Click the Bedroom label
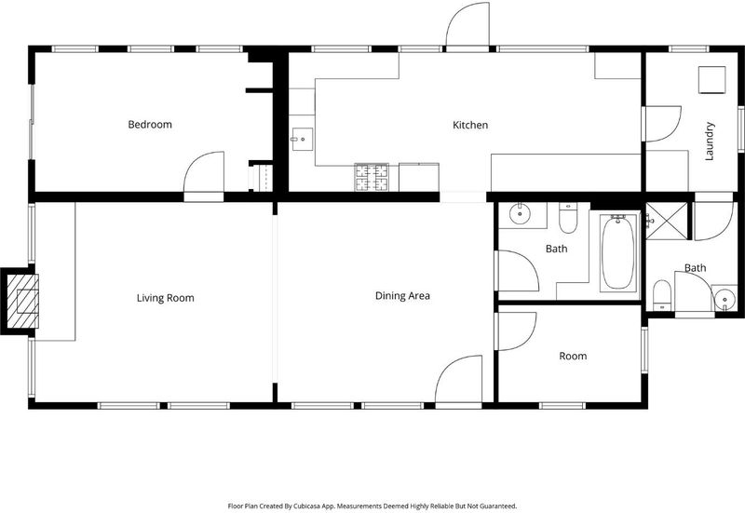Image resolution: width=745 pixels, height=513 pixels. [x=150, y=125]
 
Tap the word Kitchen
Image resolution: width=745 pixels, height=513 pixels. [x=470, y=125]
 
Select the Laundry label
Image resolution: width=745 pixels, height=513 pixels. [x=710, y=142]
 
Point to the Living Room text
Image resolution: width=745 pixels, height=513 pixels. [x=166, y=298]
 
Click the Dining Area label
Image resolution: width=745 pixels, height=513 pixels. [x=402, y=296]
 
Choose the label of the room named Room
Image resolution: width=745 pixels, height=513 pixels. [x=573, y=356]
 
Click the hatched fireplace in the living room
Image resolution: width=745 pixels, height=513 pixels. [x=20, y=301]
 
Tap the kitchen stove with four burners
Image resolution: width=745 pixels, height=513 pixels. [x=372, y=177]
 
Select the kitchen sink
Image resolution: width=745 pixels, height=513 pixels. [x=302, y=139]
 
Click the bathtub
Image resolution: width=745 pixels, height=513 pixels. [x=617, y=252]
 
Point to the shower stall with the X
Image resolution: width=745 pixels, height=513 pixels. [x=667, y=221]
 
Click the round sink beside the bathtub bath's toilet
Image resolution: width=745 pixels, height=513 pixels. [x=521, y=214]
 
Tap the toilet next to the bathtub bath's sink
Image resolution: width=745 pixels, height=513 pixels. [x=568, y=218]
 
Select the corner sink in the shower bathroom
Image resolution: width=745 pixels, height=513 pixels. [x=725, y=298]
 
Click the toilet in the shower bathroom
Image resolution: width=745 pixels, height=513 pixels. [x=661, y=295]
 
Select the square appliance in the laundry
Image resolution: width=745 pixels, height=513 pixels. [x=711, y=80]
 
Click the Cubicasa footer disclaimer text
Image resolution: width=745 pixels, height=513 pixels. [x=372, y=506]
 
